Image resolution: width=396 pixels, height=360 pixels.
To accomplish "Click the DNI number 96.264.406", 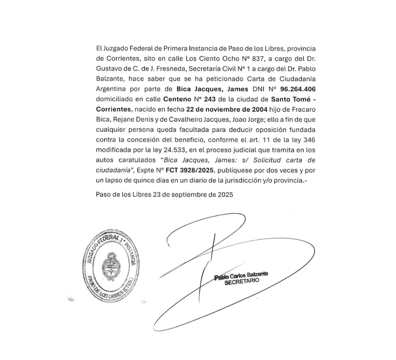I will [x=297, y=89].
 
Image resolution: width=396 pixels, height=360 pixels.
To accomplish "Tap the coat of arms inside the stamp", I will [x=110, y=266].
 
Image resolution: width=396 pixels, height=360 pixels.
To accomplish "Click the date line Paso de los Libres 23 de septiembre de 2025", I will [x=164, y=195].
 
